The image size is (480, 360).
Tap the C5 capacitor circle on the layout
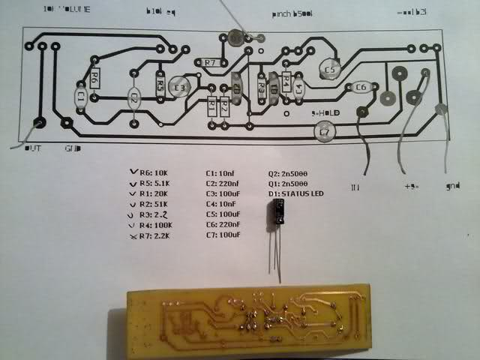click(x=329, y=70)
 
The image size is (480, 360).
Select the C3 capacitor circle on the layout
click(x=179, y=88)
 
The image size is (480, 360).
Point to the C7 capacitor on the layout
click(x=324, y=132)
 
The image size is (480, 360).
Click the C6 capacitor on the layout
click(x=361, y=88)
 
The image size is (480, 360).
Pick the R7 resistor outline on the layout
click(x=209, y=62)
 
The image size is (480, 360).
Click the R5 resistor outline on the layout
click(x=160, y=85)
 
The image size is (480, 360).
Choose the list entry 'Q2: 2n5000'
click(x=289, y=173)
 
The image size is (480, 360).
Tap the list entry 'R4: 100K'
click(x=159, y=226)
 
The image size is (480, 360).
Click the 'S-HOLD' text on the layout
click(x=325, y=113)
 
